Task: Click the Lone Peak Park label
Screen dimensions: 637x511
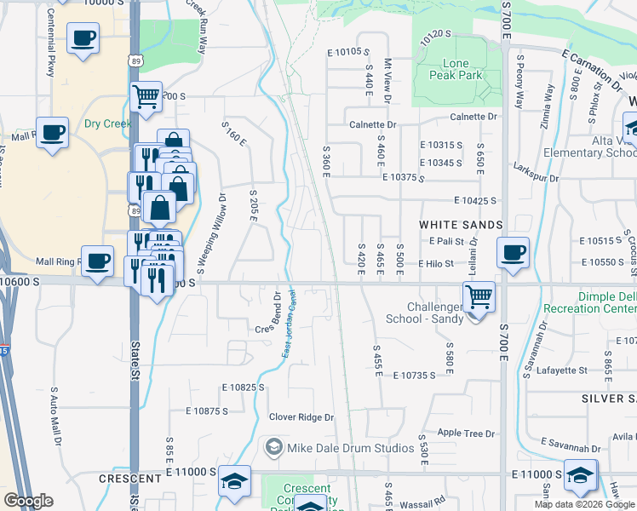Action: [462, 69]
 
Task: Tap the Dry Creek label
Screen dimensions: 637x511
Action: [107, 123]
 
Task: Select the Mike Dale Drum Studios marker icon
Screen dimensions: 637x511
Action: [273, 445]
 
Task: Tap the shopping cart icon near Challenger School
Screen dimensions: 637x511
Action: [479, 297]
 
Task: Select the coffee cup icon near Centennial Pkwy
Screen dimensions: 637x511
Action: [83, 38]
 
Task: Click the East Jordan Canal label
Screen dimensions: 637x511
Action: [289, 328]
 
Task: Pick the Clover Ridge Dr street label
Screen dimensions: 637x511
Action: [302, 417]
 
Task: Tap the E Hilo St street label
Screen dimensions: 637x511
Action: [435, 264]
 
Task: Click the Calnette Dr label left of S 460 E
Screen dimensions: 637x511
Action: [373, 124]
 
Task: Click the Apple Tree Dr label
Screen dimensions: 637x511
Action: [466, 433]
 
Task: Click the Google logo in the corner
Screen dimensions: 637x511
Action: [28, 500]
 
